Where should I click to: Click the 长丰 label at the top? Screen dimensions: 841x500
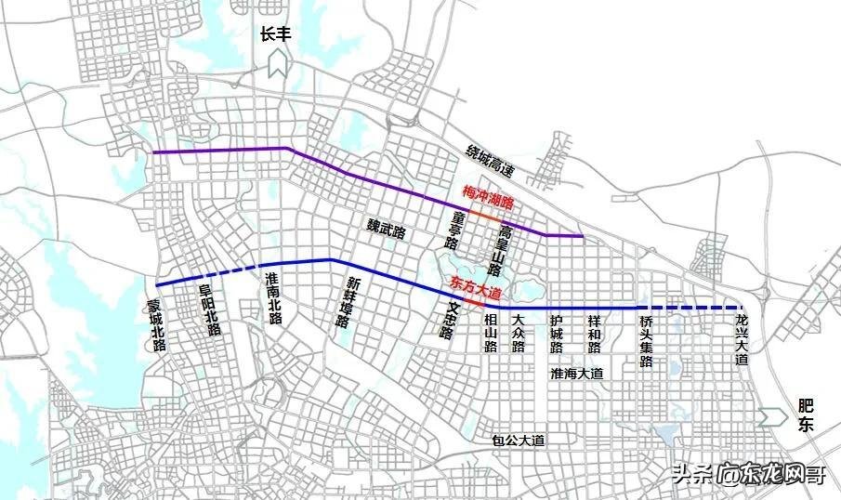click(x=277, y=35)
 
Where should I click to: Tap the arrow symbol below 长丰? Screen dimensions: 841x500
click(x=277, y=64)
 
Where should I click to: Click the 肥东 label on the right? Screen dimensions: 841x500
click(x=805, y=415)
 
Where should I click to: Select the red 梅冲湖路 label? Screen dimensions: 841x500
click(x=489, y=193)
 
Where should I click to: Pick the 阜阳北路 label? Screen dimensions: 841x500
click(x=211, y=310)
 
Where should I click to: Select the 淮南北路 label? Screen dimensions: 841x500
click(x=273, y=297)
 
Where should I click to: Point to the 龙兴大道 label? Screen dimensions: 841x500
click(x=741, y=339)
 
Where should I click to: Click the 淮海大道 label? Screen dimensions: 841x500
click(x=576, y=373)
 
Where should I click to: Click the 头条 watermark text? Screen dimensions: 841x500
click(x=691, y=474)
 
